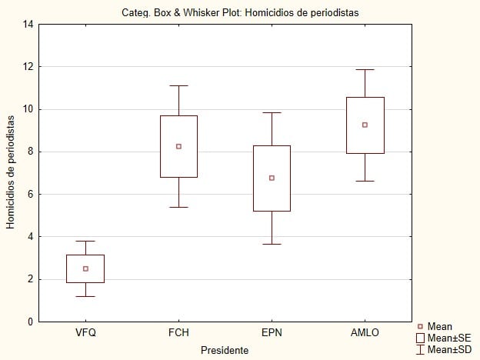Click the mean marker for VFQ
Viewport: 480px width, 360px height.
click(x=85, y=268)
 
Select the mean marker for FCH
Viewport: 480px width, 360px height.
click(x=178, y=146)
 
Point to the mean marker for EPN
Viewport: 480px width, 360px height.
click(x=272, y=178)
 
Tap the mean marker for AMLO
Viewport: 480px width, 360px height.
click(x=365, y=125)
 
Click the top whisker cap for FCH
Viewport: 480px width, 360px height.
click(x=178, y=85)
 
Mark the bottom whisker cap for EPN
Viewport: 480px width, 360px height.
click(x=272, y=244)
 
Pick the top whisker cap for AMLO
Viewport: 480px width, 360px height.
click(x=365, y=70)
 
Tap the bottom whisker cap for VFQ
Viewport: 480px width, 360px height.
click(x=85, y=296)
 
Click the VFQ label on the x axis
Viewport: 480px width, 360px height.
click(x=85, y=332)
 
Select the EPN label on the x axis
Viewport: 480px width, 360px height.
click(x=272, y=332)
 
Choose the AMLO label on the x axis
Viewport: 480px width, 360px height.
click(x=365, y=332)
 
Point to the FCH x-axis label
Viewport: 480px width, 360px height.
click(x=178, y=332)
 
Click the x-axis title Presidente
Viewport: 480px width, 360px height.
click(x=224, y=350)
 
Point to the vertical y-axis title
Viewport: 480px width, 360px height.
click(x=11, y=172)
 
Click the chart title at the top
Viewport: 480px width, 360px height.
click(x=240, y=12)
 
